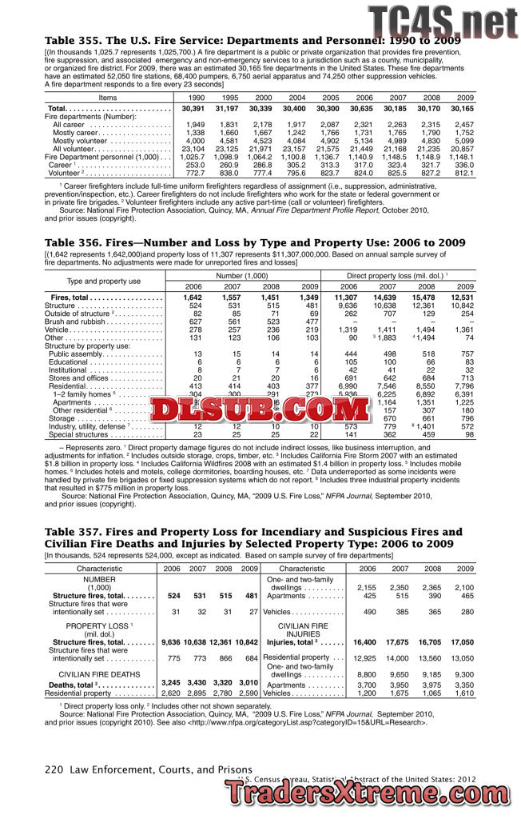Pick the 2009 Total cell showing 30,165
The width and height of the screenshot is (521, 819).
pos(461,108)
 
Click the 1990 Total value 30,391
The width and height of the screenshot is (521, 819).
pos(193,108)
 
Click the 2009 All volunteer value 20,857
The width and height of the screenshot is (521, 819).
pos(461,149)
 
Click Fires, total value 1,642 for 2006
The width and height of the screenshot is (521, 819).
pos(193,298)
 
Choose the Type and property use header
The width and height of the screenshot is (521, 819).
pos(103,281)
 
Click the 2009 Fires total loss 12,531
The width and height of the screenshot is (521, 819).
pos(461,298)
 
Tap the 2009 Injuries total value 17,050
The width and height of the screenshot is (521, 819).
pos(461,642)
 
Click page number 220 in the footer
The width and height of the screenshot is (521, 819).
pos(54,770)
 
